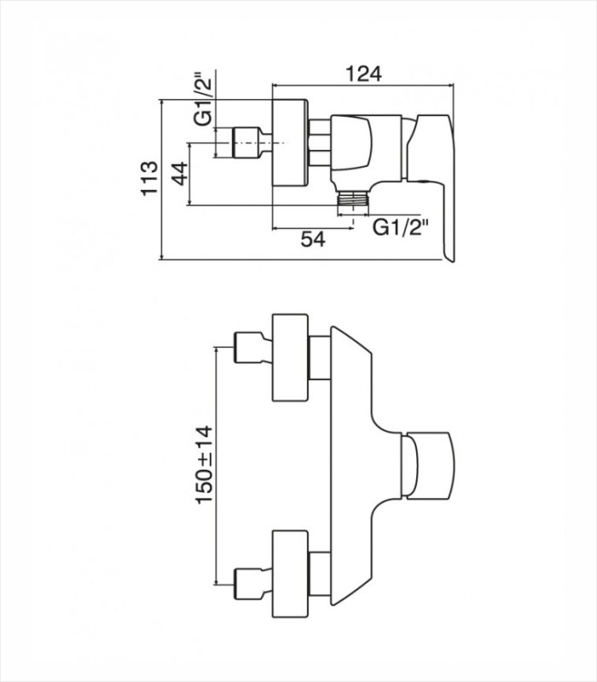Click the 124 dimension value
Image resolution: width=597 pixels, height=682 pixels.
pos(363,74)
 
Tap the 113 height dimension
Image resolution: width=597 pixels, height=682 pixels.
pos(149,179)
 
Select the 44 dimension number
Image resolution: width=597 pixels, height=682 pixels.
pos(179,173)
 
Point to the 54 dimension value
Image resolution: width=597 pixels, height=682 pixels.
pos(313,240)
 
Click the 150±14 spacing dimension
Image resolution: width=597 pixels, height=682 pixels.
pos(205,465)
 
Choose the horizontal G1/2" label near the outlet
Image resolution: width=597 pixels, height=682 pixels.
pos(401,227)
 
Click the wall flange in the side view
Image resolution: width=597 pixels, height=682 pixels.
pos(290,142)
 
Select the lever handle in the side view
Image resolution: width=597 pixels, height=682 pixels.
pos(432,188)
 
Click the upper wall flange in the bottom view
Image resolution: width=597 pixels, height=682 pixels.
pos(290,357)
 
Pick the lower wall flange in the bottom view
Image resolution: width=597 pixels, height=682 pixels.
pos(290,574)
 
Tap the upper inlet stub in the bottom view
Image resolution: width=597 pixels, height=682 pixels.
pos(253,348)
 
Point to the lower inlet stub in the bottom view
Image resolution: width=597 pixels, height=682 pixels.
pos(253,584)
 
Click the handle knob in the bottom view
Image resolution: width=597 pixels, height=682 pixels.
pos(428,465)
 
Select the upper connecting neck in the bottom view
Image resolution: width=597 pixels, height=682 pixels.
pos(320,357)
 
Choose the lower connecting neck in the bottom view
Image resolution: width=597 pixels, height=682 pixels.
pos(320,574)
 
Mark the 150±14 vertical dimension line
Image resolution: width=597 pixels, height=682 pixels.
pos(217,465)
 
